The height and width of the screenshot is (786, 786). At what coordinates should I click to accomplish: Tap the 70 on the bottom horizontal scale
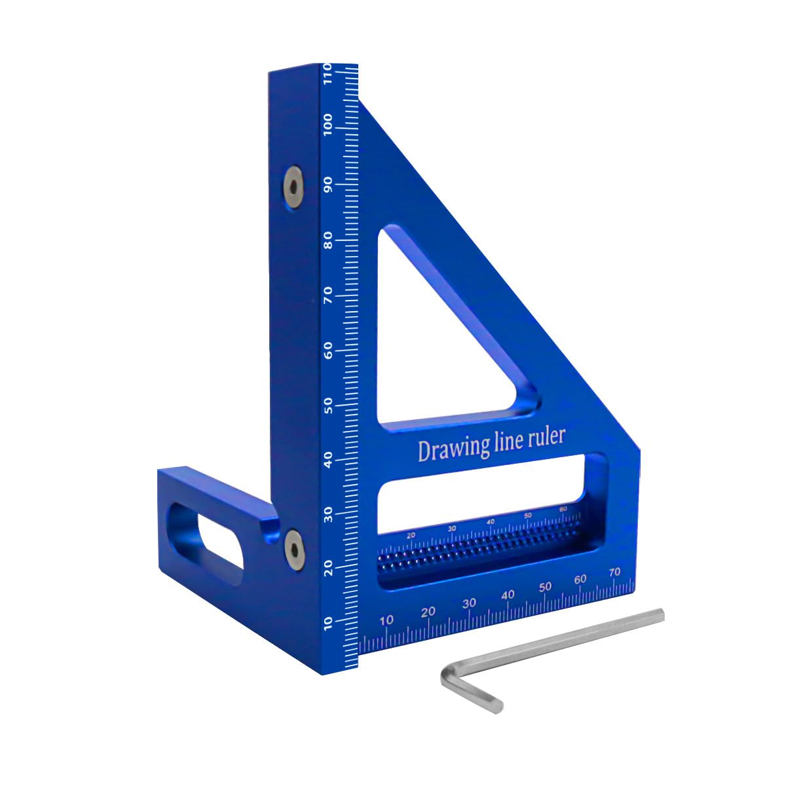click(x=614, y=572)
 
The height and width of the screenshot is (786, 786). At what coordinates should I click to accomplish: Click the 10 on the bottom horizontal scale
click(x=387, y=620)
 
